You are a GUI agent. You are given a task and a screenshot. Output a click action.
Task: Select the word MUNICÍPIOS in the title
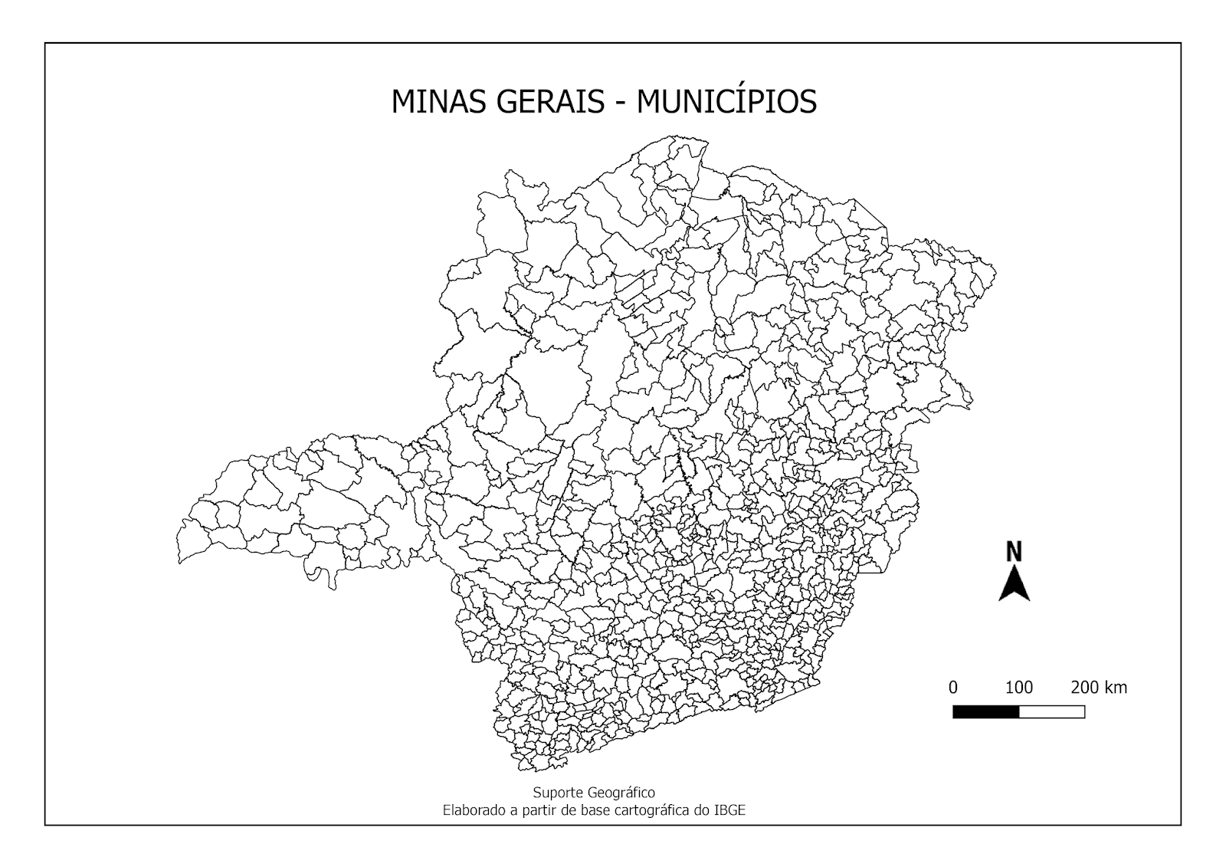click(726, 102)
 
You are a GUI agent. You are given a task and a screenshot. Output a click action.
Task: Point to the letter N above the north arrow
click(1014, 551)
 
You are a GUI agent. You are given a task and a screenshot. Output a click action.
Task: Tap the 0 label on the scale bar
click(953, 687)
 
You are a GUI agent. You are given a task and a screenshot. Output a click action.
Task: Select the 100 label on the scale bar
click(1018, 687)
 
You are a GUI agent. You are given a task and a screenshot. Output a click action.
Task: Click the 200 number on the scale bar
click(1085, 687)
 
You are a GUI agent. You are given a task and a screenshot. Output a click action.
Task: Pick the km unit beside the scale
click(1116, 687)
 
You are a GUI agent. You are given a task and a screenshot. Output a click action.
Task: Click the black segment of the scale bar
click(985, 711)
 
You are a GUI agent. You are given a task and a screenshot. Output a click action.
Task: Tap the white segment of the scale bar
click(1051, 711)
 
